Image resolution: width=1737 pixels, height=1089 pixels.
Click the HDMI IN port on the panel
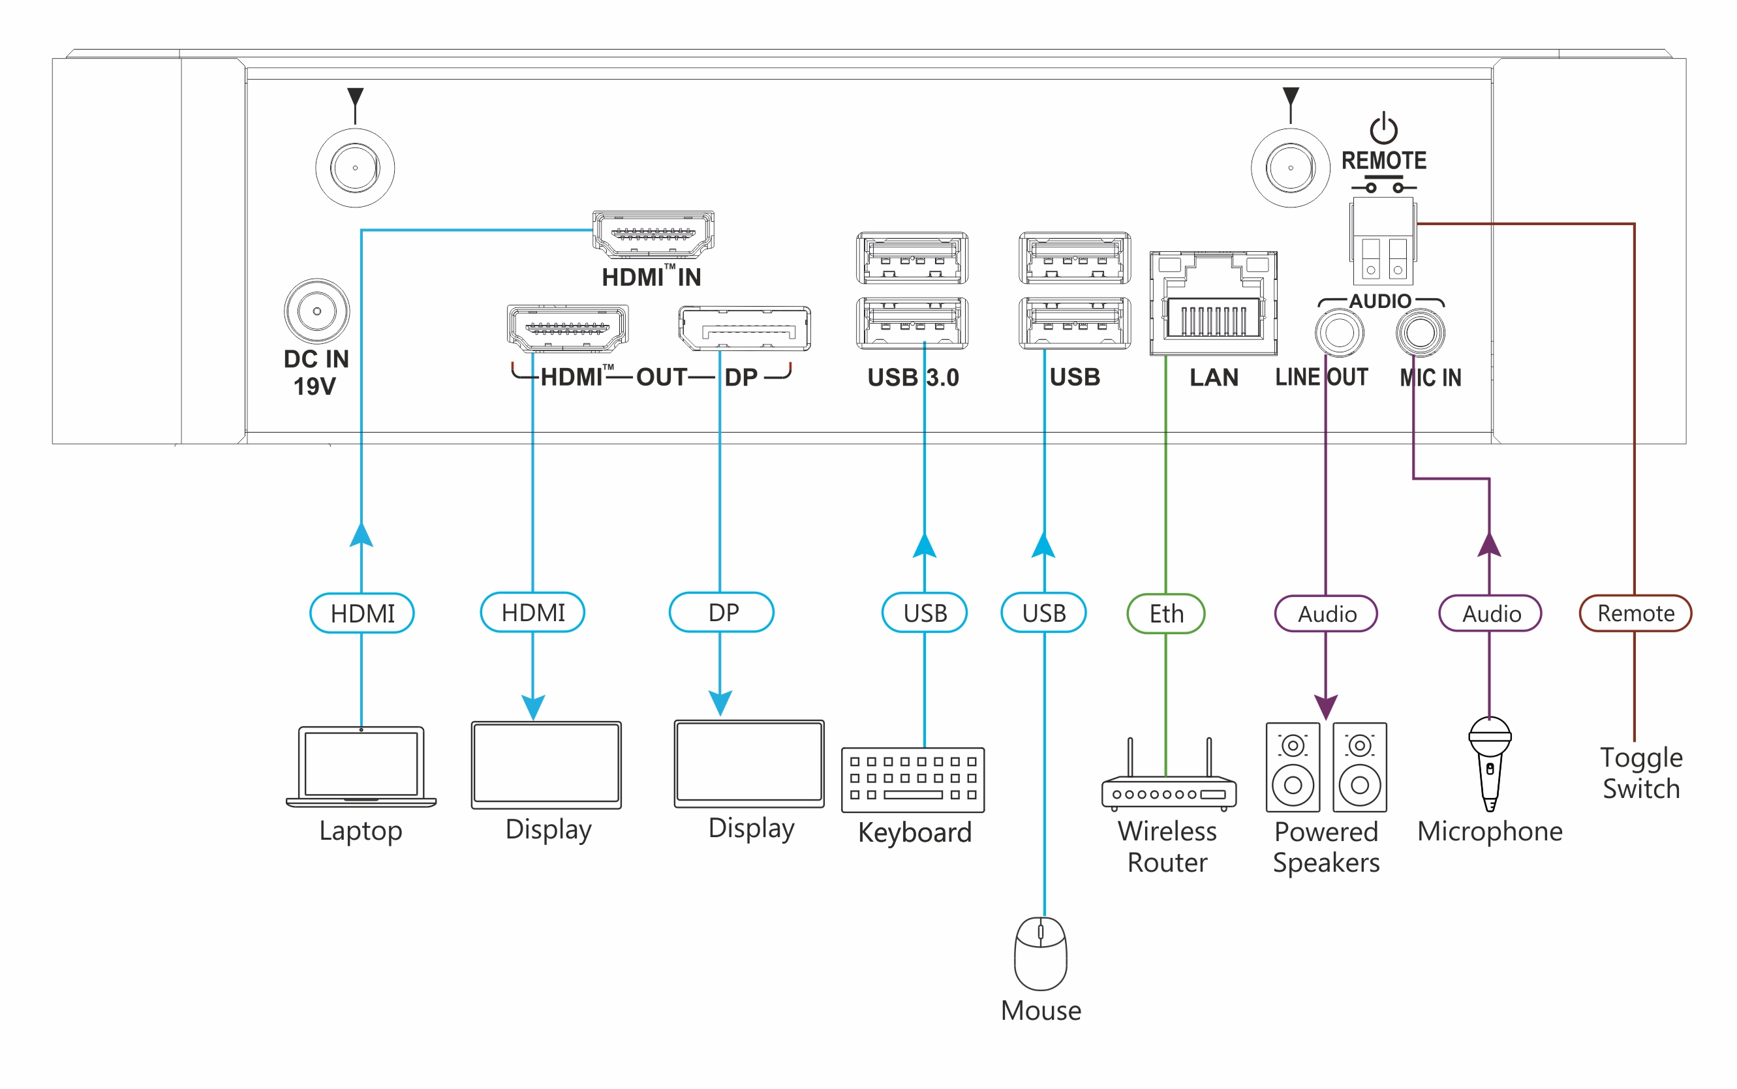[x=653, y=234]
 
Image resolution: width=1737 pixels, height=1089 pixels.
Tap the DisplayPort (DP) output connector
[x=744, y=328]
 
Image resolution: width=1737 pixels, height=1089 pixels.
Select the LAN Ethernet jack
[x=1213, y=303]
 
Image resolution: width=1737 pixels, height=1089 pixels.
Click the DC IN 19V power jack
[x=317, y=311]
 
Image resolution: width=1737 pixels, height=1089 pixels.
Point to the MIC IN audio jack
[x=1419, y=333]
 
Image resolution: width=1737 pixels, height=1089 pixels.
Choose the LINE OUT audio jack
[x=1339, y=333]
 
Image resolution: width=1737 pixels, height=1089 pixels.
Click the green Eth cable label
[x=1165, y=613]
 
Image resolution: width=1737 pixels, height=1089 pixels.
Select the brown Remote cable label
[x=1635, y=613]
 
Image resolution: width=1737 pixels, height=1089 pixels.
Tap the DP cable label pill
[x=722, y=612]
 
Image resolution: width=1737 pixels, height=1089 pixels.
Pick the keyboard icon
[x=912, y=779]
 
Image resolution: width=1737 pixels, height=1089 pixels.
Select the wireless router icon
[x=1168, y=782]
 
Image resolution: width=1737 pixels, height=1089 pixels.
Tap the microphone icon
[x=1489, y=763]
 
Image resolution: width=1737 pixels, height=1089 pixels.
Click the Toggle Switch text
[x=1640, y=773]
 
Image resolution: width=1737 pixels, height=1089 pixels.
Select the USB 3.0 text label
[x=912, y=377]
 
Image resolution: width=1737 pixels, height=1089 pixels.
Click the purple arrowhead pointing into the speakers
[x=1326, y=706]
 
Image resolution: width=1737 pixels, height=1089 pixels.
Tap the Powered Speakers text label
[x=1326, y=847]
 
